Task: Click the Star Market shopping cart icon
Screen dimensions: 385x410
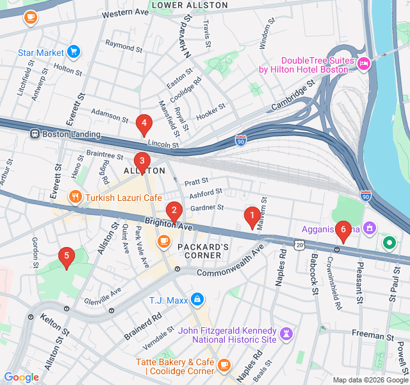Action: coord(74,52)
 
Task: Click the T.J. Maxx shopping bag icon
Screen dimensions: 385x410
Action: coord(197,300)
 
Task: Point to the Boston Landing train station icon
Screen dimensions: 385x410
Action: coord(34,134)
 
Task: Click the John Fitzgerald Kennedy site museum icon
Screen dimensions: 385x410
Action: coord(286,334)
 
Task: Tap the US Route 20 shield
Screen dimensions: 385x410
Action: coord(300,244)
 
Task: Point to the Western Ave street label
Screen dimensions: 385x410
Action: coord(125,13)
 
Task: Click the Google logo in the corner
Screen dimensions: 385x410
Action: coord(21,377)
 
